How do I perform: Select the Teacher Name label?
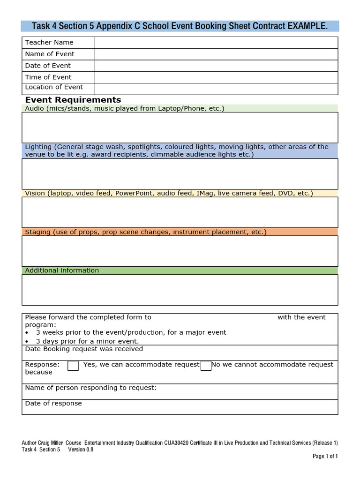click(49, 42)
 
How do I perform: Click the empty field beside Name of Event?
click(216, 54)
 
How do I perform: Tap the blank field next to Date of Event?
click(216, 66)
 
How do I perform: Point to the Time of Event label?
click(48, 77)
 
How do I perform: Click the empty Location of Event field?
click(216, 89)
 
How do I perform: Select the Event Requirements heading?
click(73, 100)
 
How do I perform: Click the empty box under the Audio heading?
click(180, 127)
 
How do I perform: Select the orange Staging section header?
click(180, 232)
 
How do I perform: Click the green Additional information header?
click(180, 270)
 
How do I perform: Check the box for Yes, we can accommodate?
click(73, 366)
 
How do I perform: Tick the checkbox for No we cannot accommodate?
click(206, 366)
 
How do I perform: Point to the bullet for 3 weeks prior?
click(27, 332)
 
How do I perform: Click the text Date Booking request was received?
click(84, 349)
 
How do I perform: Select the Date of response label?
click(53, 404)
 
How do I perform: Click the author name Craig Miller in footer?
click(52, 443)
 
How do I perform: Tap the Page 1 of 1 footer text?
click(325, 456)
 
